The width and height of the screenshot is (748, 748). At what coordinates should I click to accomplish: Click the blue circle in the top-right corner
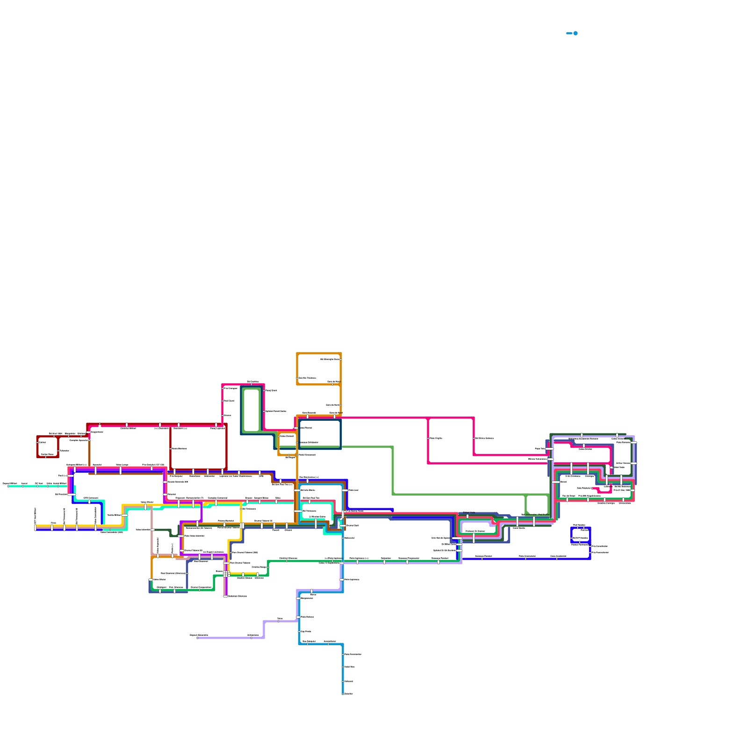(x=575, y=33)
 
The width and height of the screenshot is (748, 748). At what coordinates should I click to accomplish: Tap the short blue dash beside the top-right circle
(x=569, y=33)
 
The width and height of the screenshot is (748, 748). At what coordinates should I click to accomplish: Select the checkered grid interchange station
(x=226, y=574)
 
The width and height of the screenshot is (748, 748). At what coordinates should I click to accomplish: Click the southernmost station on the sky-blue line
(x=343, y=694)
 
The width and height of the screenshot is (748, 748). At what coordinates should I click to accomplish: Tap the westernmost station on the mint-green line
(x=8, y=486)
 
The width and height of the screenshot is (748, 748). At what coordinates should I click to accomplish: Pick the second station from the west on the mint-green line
(x=22, y=486)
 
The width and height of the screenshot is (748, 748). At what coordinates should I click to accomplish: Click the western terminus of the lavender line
(x=197, y=638)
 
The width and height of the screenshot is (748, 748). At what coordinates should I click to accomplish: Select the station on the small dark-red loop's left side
(x=37, y=442)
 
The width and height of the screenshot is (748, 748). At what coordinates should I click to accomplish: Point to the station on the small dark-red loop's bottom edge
(x=45, y=457)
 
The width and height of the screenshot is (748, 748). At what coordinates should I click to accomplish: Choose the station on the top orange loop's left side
(x=297, y=378)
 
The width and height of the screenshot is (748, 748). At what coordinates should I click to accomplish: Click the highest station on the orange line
(x=341, y=359)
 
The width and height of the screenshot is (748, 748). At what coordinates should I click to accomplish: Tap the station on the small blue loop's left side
(x=571, y=538)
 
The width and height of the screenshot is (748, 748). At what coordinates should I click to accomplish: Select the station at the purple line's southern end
(x=225, y=596)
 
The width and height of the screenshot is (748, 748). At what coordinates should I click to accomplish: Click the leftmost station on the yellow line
(x=35, y=527)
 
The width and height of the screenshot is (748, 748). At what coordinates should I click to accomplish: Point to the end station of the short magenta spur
(x=593, y=488)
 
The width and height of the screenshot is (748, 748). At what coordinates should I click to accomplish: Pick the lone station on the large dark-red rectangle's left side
(x=171, y=449)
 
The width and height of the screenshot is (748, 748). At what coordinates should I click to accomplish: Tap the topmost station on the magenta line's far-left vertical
(x=223, y=388)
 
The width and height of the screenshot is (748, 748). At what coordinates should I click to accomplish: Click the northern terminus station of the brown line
(x=89, y=439)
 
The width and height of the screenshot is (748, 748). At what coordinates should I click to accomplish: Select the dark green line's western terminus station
(x=153, y=530)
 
